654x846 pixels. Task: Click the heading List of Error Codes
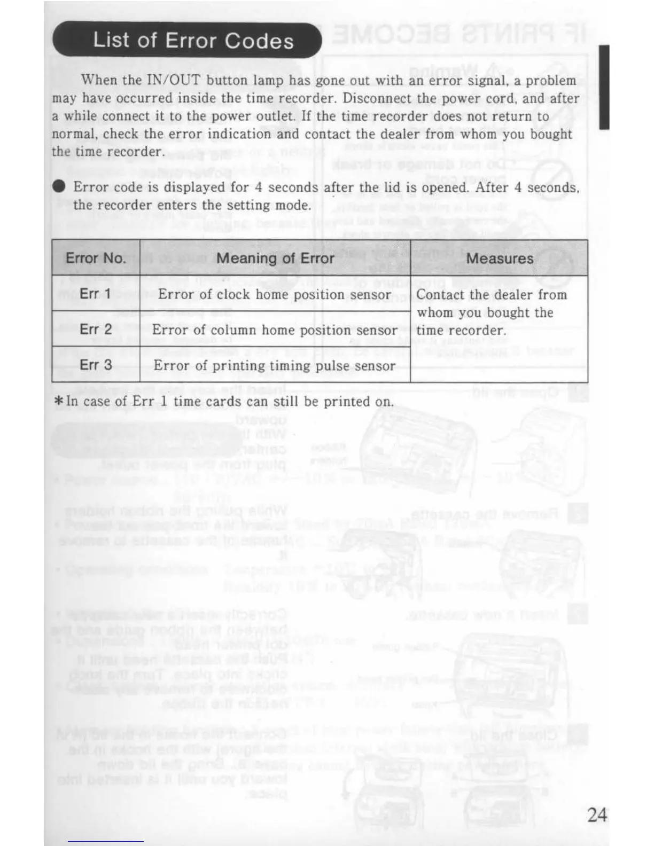pos(193,41)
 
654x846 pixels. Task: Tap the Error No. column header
pos(96,258)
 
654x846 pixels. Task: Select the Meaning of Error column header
pos(275,258)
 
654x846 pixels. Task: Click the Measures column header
pos(500,258)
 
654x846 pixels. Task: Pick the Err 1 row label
pos(96,294)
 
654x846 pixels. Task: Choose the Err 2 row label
pos(96,329)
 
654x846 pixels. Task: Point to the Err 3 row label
pos(96,365)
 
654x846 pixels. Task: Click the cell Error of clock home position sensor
pos(275,295)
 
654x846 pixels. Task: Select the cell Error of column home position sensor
pos(275,330)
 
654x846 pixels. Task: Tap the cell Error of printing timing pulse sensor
pos(275,366)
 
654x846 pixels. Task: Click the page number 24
pos(597,815)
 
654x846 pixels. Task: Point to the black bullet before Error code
pos(59,186)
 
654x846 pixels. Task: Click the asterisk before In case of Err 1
pos(59,402)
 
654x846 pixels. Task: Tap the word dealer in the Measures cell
pos(502,295)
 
